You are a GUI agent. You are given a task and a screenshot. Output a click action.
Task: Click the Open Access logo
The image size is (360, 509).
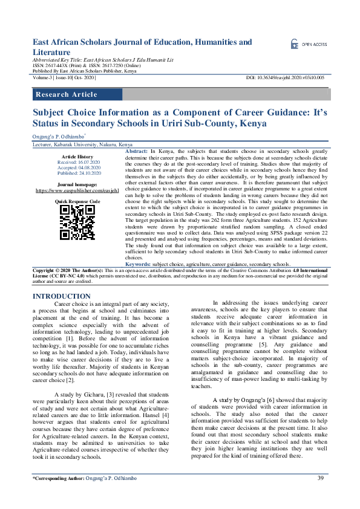pos(309,44)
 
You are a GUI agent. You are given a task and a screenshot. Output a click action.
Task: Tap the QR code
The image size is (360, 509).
pos(77,222)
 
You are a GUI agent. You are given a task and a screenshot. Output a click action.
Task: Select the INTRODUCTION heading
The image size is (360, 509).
pos(61,296)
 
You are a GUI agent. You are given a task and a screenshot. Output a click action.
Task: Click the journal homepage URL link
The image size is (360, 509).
pos(76,190)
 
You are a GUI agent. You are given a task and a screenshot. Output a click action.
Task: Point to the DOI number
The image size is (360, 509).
pos(286,78)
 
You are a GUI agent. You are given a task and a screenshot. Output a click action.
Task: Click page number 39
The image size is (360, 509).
pos(321,478)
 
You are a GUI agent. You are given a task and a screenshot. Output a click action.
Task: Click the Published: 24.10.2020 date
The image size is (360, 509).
pos(76,172)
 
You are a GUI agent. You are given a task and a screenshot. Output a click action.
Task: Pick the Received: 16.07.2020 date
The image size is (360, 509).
pos(76,162)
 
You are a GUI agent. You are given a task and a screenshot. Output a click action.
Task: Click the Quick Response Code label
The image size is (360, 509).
pos(77,200)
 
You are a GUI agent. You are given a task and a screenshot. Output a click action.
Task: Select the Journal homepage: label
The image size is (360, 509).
pos(76,184)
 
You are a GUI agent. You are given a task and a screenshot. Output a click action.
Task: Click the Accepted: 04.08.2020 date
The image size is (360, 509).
pos(76,167)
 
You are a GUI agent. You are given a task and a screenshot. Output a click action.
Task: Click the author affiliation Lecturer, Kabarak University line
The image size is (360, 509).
pos(82,146)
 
